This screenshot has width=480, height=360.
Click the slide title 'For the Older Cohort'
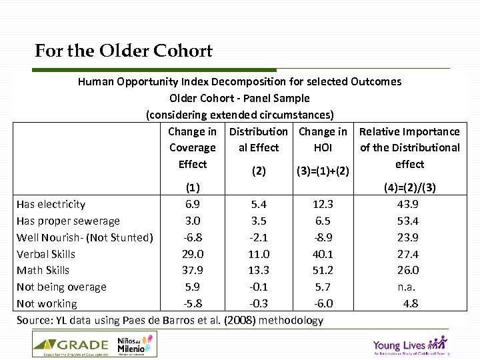pyautogui.click(x=124, y=51)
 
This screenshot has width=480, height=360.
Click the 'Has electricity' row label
pyautogui.click(x=51, y=205)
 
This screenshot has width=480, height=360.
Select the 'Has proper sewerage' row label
pyautogui.click(x=68, y=221)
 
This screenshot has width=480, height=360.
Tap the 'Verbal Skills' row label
pyautogui.click(x=46, y=254)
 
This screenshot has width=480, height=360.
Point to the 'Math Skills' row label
pyautogui.click(x=43, y=270)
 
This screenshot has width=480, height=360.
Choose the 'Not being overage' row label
pyautogui.click(x=61, y=287)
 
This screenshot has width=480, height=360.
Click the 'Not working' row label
pyautogui.click(x=47, y=303)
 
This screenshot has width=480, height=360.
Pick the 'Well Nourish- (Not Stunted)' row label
pyautogui.click(x=85, y=237)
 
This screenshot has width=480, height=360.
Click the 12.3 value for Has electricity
pyautogui.click(x=323, y=205)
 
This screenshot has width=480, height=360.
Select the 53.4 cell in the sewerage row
pyautogui.click(x=407, y=221)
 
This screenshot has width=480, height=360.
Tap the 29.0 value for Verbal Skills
pyautogui.click(x=193, y=254)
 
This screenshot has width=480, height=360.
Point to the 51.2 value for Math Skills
pyautogui.click(x=323, y=270)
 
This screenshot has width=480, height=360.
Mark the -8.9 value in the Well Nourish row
pyautogui.click(x=323, y=237)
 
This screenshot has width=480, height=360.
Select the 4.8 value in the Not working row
pyautogui.click(x=410, y=303)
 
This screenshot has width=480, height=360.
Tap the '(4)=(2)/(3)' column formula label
pyautogui.click(x=409, y=188)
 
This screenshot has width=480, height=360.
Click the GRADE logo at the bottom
pyautogui.click(x=71, y=345)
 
